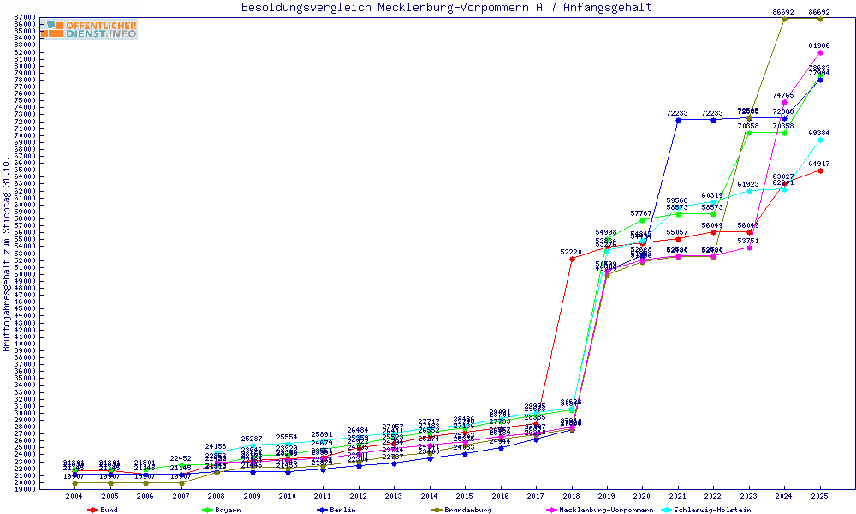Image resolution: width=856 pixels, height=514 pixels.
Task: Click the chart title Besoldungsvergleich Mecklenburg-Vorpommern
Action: point(446,8)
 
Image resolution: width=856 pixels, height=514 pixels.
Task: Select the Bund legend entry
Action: point(103,510)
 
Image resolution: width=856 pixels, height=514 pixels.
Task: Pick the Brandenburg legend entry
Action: point(461,510)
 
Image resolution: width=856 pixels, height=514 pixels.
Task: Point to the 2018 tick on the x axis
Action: point(572,496)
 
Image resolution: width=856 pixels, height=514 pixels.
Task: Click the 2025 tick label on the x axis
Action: point(820,496)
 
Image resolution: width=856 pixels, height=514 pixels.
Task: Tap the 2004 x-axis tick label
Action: point(75,496)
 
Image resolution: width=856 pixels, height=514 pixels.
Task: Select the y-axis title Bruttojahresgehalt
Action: point(7,254)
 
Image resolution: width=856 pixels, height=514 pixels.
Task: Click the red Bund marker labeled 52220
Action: point(572,259)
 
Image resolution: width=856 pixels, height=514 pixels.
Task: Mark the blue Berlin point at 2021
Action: point(678,120)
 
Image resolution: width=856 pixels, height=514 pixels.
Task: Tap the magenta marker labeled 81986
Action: point(820,52)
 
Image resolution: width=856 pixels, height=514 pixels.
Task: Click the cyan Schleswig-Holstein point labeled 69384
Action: point(820,140)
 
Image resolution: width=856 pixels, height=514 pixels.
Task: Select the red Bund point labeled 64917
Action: point(820,170)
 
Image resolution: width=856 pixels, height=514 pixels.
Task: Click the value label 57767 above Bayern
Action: point(643,212)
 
